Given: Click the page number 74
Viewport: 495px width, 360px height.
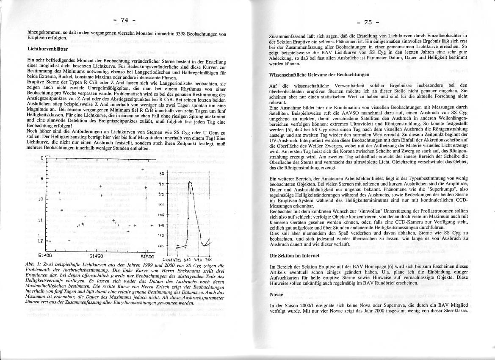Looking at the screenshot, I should pos(124,20).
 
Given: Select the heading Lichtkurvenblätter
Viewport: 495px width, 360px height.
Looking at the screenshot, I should pos(43,49).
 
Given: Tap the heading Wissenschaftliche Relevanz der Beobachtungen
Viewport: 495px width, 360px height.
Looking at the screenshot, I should pos(319,75).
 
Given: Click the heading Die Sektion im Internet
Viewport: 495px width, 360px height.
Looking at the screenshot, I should pos(294,256).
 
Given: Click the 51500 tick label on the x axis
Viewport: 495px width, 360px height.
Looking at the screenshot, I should pos(148,256).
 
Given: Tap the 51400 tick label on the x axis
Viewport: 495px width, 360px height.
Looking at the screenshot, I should pos(45,256).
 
